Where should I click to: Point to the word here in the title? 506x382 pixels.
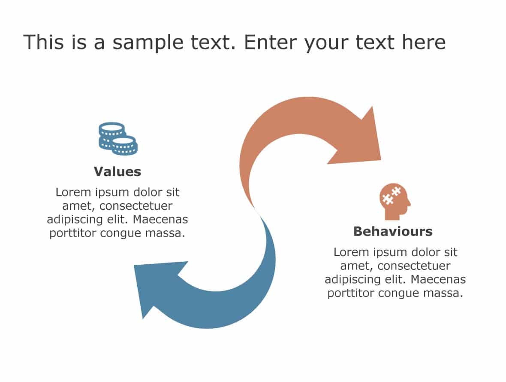pyautogui.click(x=423, y=43)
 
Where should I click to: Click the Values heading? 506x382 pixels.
pyautogui.click(x=117, y=171)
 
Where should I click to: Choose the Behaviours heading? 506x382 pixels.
pyautogui.click(x=393, y=232)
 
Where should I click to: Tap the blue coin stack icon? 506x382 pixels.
pyautogui.click(x=118, y=139)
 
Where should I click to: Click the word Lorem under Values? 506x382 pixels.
pyautogui.click(x=73, y=192)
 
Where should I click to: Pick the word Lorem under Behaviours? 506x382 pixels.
pyautogui.click(x=351, y=252)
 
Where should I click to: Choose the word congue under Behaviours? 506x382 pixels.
pyautogui.click(x=406, y=293)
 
